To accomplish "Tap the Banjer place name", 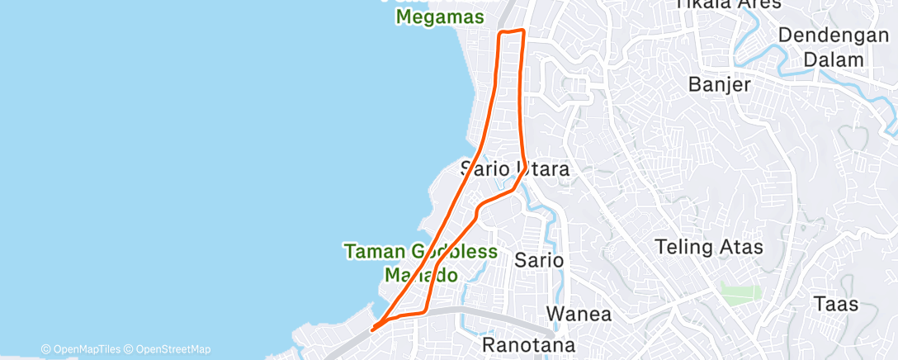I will click(720, 84).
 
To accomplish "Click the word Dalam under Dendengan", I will click(834, 60).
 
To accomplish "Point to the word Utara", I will click(544, 169).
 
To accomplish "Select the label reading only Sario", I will click(539, 260).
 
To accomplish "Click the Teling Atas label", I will click(708, 246).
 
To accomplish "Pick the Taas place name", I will click(835, 304).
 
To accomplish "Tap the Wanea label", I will click(579, 315).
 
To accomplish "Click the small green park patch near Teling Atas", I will click(740, 293).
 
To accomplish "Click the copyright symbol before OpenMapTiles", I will click(46, 349).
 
